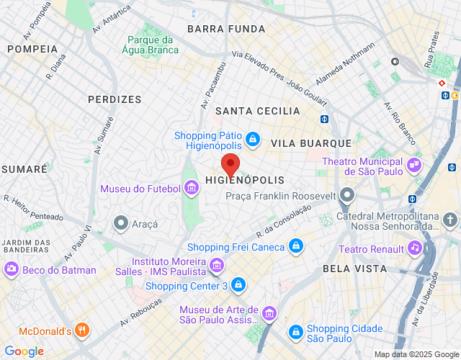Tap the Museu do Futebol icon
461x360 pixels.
pos(192,189)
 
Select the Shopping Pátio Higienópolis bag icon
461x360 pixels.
pos(252,138)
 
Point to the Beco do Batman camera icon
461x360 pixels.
pos(12,269)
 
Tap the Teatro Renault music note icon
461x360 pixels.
pos(414,248)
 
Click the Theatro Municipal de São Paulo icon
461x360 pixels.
pos(413,165)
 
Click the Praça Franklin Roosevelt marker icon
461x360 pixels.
pos(348,195)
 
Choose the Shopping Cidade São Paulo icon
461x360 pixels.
pos(295,332)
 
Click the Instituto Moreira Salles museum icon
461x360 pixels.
pos(215,267)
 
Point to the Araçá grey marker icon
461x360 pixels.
pos(121,223)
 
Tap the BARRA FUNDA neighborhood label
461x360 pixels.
pos(226,29)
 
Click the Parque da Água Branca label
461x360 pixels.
pos(149,45)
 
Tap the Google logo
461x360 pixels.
pos(24,351)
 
